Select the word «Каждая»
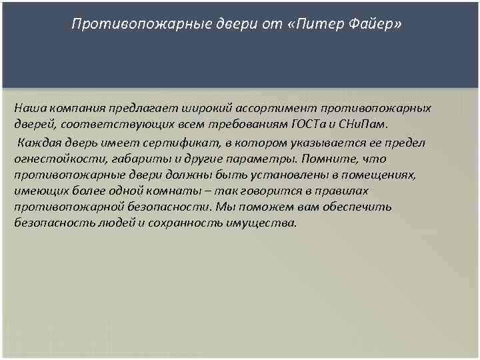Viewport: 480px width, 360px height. [x=37, y=143]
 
